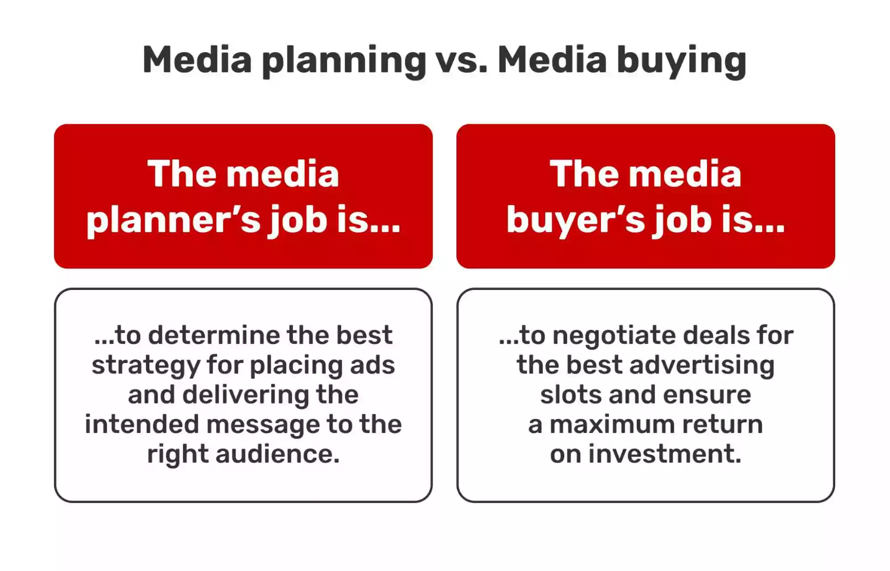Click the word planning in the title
[x=344, y=61]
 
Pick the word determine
[x=215, y=335]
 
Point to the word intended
[x=142, y=424]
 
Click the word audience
[x=277, y=454]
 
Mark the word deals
[x=714, y=335]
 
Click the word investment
[x=665, y=454]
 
